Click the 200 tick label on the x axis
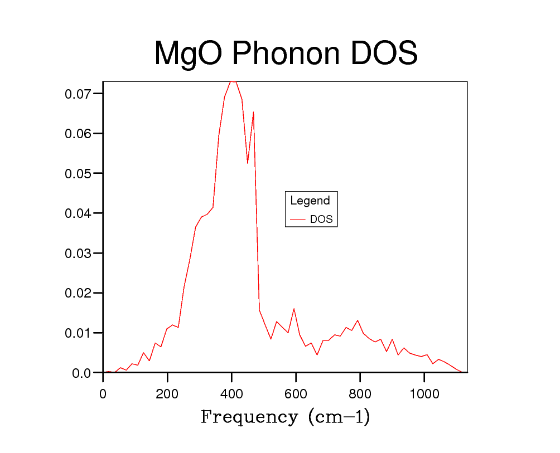pos(167,394)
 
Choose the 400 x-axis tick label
pos(231,394)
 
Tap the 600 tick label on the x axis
pos(296,394)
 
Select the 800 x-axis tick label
pos(360,394)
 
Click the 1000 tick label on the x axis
pos(424,394)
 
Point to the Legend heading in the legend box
pos(310,201)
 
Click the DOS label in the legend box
pos(321,220)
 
